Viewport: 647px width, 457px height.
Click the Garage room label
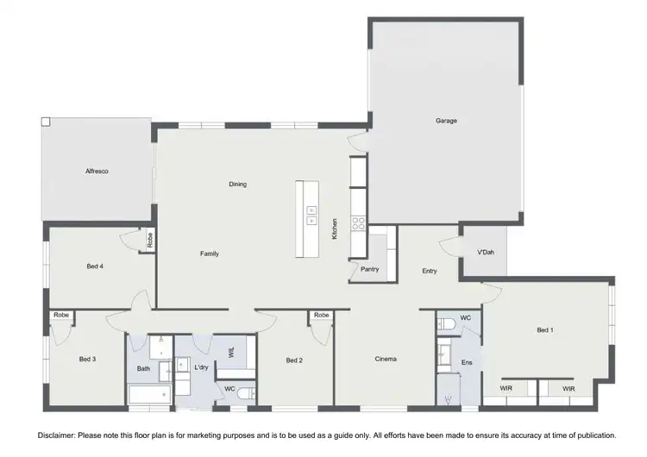(x=446, y=121)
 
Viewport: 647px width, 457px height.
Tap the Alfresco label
(x=97, y=172)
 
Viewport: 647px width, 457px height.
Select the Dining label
(x=238, y=184)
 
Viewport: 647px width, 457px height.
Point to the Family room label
(x=210, y=254)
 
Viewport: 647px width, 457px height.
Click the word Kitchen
(x=335, y=228)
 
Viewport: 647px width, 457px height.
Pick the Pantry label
(x=370, y=269)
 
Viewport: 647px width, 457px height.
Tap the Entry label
(x=430, y=272)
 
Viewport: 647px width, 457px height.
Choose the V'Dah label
(x=486, y=252)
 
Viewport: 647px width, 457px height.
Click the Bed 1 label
(x=545, y=330)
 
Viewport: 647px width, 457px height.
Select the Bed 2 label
(x=294, y=360)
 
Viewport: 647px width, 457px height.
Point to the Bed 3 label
(x=87, y=359)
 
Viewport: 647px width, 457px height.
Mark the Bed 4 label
(x=95, y=266)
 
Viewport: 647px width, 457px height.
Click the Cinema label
(x=386, y=359)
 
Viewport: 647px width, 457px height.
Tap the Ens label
(x=467, y=362)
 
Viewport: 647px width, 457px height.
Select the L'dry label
(x=201, y=368)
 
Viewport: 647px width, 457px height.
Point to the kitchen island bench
(x=307, y=218)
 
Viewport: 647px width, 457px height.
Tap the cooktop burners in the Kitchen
(x=358, y=224)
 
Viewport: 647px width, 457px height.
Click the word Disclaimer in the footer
(x=54, y=435)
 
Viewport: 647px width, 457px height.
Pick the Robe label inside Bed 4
(x=149, y=241)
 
